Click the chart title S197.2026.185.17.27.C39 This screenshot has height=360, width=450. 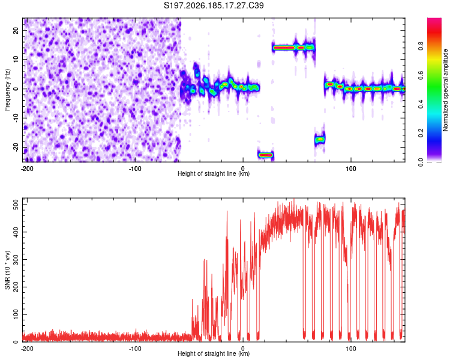214,5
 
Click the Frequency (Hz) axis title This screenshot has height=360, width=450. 7,90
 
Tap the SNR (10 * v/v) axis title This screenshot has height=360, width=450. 7,270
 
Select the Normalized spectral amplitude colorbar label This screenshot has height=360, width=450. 445,90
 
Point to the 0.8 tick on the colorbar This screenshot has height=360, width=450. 421,46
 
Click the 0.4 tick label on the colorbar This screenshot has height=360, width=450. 421,104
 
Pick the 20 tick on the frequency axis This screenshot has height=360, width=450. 16,31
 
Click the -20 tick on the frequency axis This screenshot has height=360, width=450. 16,147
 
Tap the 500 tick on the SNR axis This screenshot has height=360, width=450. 16,205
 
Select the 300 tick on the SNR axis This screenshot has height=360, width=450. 16,260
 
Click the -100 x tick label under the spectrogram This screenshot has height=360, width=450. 135,169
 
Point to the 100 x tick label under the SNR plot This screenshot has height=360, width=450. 351,349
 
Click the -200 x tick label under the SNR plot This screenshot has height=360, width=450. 27,349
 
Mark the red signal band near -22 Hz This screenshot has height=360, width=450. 266,155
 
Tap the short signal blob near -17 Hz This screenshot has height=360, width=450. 319,140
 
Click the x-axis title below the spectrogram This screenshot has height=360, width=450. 214,173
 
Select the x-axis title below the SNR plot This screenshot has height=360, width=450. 214,353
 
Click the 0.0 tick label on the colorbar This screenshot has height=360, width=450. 421,163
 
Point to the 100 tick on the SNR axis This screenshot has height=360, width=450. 16,314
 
